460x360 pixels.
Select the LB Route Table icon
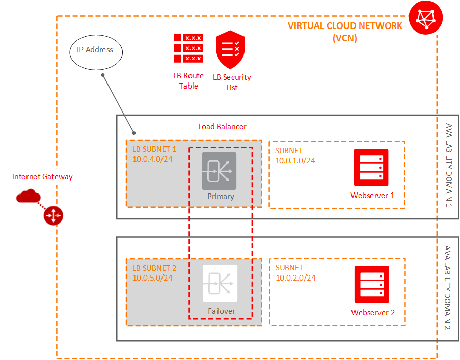188,48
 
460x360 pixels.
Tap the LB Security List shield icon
230,49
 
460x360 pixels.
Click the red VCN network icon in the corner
426,18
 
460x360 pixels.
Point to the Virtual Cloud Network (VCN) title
345,32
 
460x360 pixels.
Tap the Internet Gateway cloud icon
29,196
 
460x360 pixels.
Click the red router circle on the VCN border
53,216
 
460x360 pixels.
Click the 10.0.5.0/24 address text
152,278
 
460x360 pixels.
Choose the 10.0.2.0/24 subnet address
295,278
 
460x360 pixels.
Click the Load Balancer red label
222,126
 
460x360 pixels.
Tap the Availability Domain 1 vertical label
449,165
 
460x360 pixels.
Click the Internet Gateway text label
42,177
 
